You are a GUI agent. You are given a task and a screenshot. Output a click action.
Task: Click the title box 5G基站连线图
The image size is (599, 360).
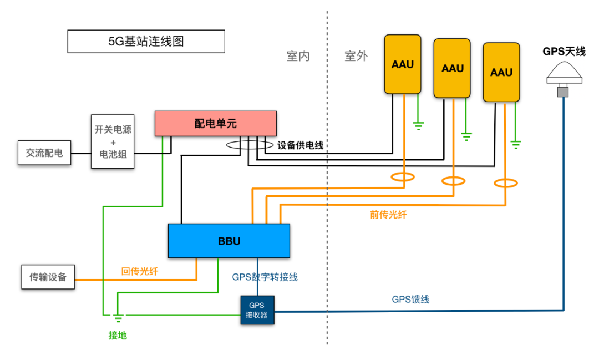[146, 41]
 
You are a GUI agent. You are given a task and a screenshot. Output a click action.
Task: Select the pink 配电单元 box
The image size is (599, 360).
[215, 123]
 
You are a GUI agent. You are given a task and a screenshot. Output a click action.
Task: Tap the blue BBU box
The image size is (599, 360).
[229, 241]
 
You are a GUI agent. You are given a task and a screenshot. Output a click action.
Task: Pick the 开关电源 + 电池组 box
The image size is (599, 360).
[113, 141]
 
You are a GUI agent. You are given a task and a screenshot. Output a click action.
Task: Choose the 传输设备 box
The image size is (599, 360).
[48, 277]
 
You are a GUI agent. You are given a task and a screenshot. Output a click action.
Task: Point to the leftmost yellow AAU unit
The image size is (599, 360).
[403, 64]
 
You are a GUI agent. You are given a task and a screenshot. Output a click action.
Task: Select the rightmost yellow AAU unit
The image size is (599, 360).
[501, 73]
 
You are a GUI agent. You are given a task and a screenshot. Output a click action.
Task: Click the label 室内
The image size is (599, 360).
[298, 56]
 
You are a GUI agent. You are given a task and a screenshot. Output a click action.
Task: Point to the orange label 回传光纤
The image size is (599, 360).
[140, 271]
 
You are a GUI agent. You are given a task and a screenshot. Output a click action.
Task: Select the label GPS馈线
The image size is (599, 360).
[410, 300]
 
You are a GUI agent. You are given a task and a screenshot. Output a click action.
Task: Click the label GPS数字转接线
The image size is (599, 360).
[268, 277]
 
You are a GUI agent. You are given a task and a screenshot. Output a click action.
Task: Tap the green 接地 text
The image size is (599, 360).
[118, 335]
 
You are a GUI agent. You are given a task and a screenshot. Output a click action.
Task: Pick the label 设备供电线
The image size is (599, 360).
[300, 145]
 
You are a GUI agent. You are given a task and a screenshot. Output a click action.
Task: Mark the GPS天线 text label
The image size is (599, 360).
[564, 52]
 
